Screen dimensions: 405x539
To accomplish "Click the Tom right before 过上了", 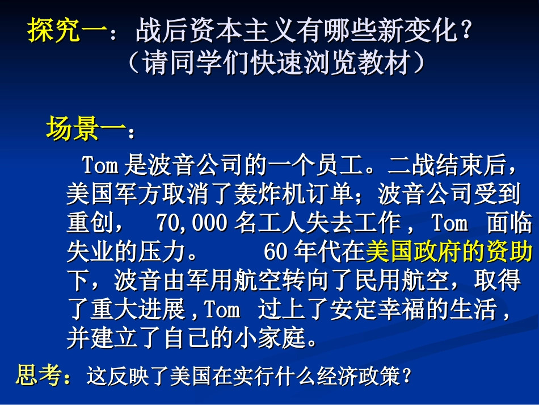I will point(222,310).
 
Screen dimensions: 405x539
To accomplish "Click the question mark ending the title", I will point(466,30).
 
